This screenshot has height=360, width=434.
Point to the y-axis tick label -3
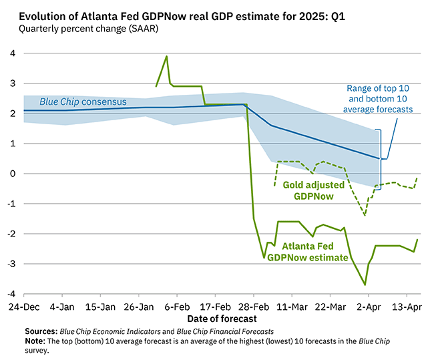click(x=9, y=264)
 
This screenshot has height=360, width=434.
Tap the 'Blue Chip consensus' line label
click(x=83, y=102)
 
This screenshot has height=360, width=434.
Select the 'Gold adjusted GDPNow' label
click(x=314, y=190)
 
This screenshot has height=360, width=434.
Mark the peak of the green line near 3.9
click(x=166, y=56)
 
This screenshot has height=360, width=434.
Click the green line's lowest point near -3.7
click(x=365, y=285)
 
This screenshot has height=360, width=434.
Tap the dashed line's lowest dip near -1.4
click(x=365, y=215)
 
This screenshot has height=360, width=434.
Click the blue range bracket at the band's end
click(x=379, y=159)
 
